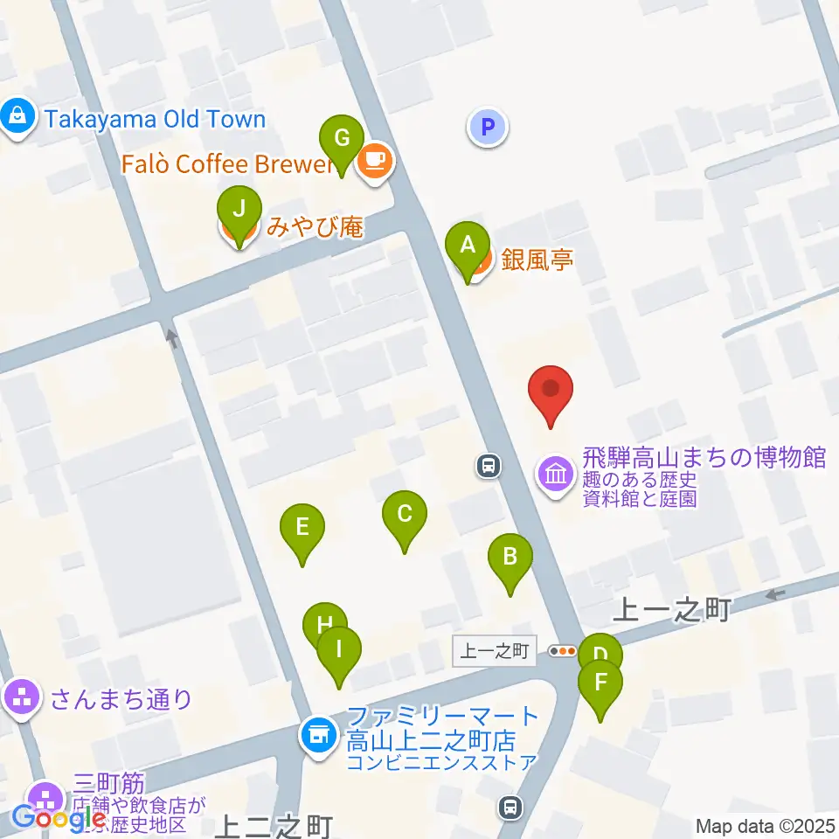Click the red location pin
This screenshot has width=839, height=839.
(551, 391)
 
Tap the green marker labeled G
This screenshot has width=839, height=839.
(342, 140)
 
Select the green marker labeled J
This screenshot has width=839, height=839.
(239, 211)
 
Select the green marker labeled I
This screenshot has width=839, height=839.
(339, 652)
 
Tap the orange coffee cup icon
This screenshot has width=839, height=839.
(376, 161)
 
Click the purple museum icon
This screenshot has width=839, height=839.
(556, 475)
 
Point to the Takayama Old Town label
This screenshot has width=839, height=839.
(155, 119)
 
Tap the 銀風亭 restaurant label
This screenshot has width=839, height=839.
(537, 260)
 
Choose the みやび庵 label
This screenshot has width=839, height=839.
(314, 228)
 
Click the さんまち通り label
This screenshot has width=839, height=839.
(121, 698)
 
